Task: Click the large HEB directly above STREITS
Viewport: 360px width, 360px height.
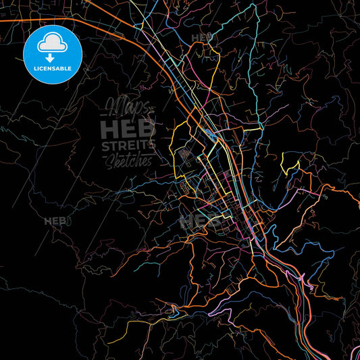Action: tap(128, 128)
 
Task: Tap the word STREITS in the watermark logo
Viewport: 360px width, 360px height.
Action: tap(128, 144)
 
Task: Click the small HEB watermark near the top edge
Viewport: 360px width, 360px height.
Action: tap(201, 37)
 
